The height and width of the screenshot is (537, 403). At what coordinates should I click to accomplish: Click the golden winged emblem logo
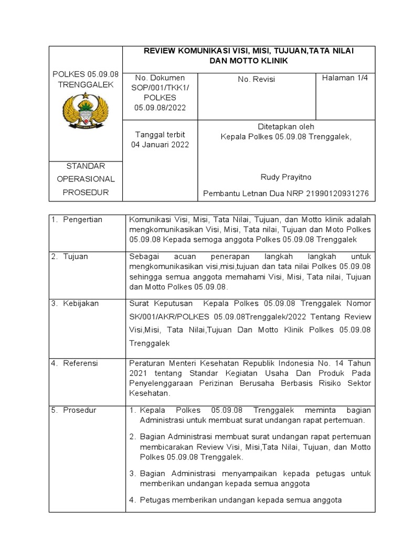point(86,110)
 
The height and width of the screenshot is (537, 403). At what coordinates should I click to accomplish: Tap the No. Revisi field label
point(256,80)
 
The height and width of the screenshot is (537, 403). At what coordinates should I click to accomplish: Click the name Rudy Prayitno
point(285,177)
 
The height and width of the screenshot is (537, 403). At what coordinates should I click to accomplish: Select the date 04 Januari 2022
point(160,145)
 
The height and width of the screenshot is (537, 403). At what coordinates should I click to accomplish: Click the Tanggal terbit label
point(160,135)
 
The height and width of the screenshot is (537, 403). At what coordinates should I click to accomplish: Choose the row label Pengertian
point(83,219)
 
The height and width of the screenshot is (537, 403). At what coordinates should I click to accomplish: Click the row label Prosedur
point(80,410)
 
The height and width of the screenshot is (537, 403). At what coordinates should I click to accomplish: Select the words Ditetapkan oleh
point(285,126)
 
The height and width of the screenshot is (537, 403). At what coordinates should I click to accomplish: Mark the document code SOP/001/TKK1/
point(160,88)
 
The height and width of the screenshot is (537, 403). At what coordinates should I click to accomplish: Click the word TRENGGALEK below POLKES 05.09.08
point(86,84)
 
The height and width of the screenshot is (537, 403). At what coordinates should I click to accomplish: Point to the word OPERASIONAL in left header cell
point(86,179)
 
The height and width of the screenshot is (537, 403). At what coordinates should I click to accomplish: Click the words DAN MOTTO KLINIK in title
point(248,61)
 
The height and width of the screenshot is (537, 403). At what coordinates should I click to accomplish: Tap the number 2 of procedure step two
point(133,436)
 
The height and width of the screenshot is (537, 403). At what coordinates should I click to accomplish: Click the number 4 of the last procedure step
point(133,500)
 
